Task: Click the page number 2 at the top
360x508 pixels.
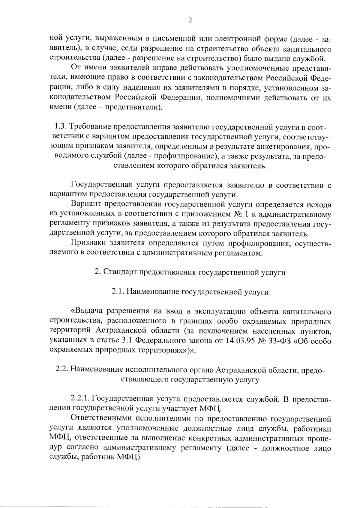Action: [x=189, y=20]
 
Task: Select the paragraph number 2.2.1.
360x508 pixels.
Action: [x=81, y=399]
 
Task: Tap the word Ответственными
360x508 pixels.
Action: [x=101, y=418]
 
